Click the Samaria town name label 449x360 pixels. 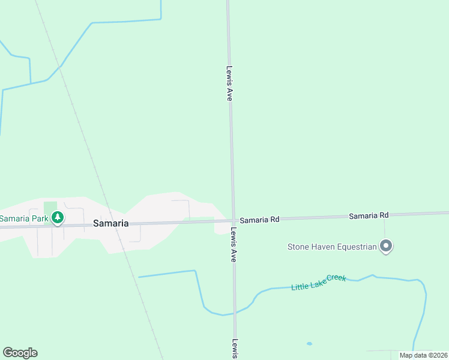pos(110,223)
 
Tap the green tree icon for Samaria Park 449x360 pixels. pos(57,218)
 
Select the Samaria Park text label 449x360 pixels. pos(24,218)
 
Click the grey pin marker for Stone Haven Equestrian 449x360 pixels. pos(387,246)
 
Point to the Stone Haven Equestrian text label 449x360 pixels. pos(332,247)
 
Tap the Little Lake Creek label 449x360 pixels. pos(319,282)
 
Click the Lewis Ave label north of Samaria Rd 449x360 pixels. pos(229,83)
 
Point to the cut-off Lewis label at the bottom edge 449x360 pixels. pos(235,349)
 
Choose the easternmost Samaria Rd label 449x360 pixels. pos(369,215)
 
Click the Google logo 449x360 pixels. pos(20,353)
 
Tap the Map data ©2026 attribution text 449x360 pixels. pos(424,355)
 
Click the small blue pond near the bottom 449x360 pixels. pos(309,344)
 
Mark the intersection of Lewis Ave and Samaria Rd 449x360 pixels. pos(233,220)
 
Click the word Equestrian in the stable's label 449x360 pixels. pos(357,247)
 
